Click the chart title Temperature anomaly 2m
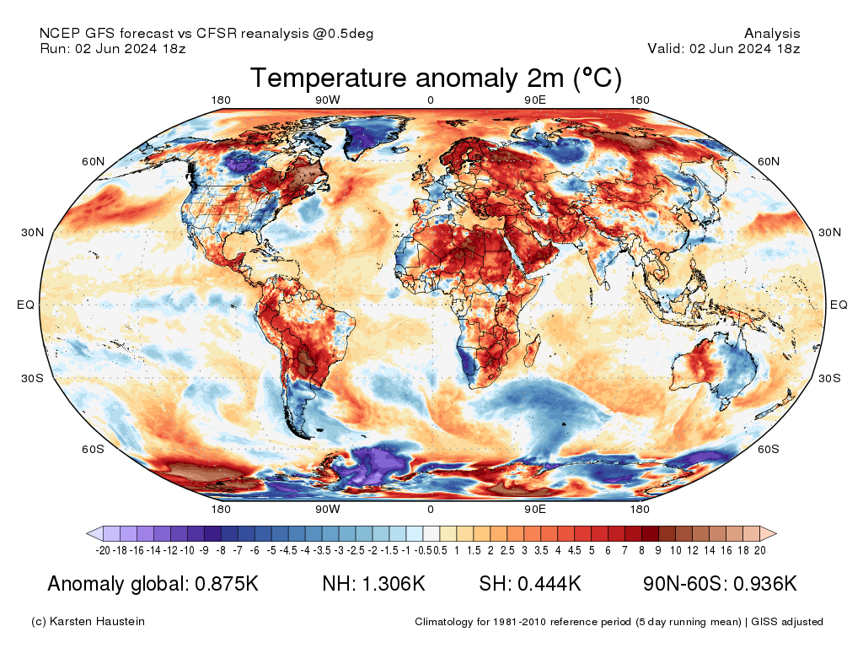coord(436,78)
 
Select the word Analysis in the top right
coord(772,34)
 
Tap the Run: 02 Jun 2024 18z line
coord(113,49)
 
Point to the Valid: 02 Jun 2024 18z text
coord(723,49)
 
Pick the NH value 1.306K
coord(396,584)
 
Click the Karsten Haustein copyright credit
coord(88,622)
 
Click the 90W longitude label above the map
coord(328,100)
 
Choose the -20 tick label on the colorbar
coord(104,550)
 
